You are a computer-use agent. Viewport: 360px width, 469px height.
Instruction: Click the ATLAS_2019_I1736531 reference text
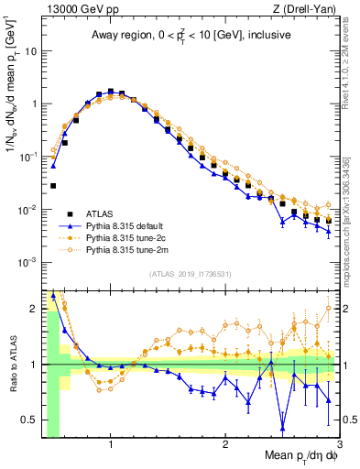point(190,274)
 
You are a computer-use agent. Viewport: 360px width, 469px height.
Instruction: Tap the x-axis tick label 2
point(225,444)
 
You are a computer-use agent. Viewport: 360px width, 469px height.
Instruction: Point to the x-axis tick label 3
point(340,444)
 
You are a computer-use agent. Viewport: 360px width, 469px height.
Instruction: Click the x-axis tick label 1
point(111,444)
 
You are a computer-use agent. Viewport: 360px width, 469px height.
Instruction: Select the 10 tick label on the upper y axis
point(29,51)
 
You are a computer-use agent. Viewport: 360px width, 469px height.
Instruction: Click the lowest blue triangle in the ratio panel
point(283,428)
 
